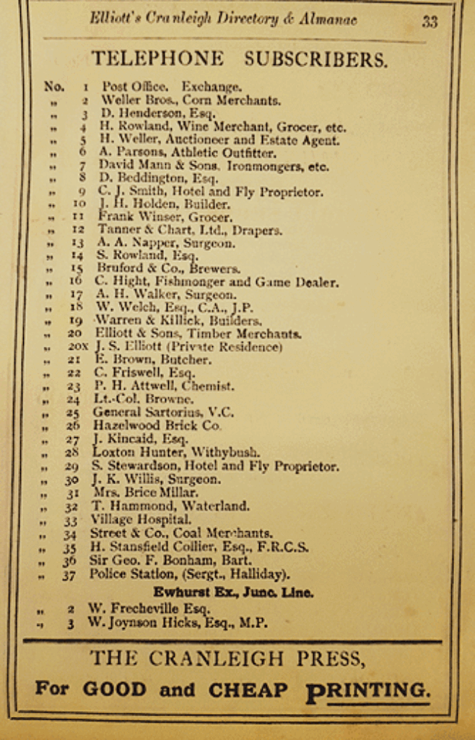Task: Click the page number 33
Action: (430, 22)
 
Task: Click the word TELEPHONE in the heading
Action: (157, 59)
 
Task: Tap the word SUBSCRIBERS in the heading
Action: (315, 59)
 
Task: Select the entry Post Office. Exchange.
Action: (171, 87)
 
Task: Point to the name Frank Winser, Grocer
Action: (165, 217)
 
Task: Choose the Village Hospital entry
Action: (140, 520)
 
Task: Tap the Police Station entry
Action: (189, 575)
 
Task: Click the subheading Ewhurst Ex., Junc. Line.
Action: (232, 593)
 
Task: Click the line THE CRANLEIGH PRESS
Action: (227, 658)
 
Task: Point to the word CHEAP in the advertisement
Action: (248, 690)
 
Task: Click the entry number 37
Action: (69, 575)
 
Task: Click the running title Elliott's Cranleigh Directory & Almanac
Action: (223, 20)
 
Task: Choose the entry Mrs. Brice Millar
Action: (145, 493)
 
